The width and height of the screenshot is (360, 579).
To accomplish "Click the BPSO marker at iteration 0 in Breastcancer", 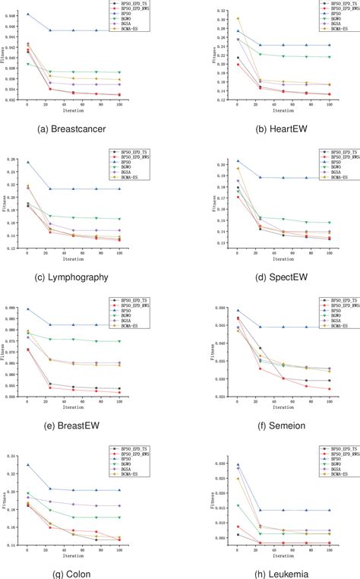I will point(28,14).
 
